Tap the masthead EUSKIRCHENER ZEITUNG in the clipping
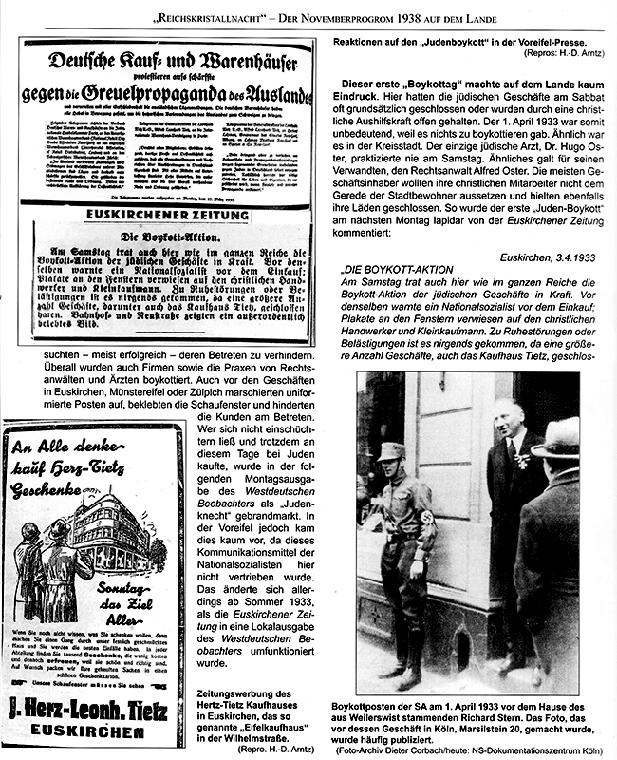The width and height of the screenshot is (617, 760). [x=167, y=215]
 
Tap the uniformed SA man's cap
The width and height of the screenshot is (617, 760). [x=391, y=451]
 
